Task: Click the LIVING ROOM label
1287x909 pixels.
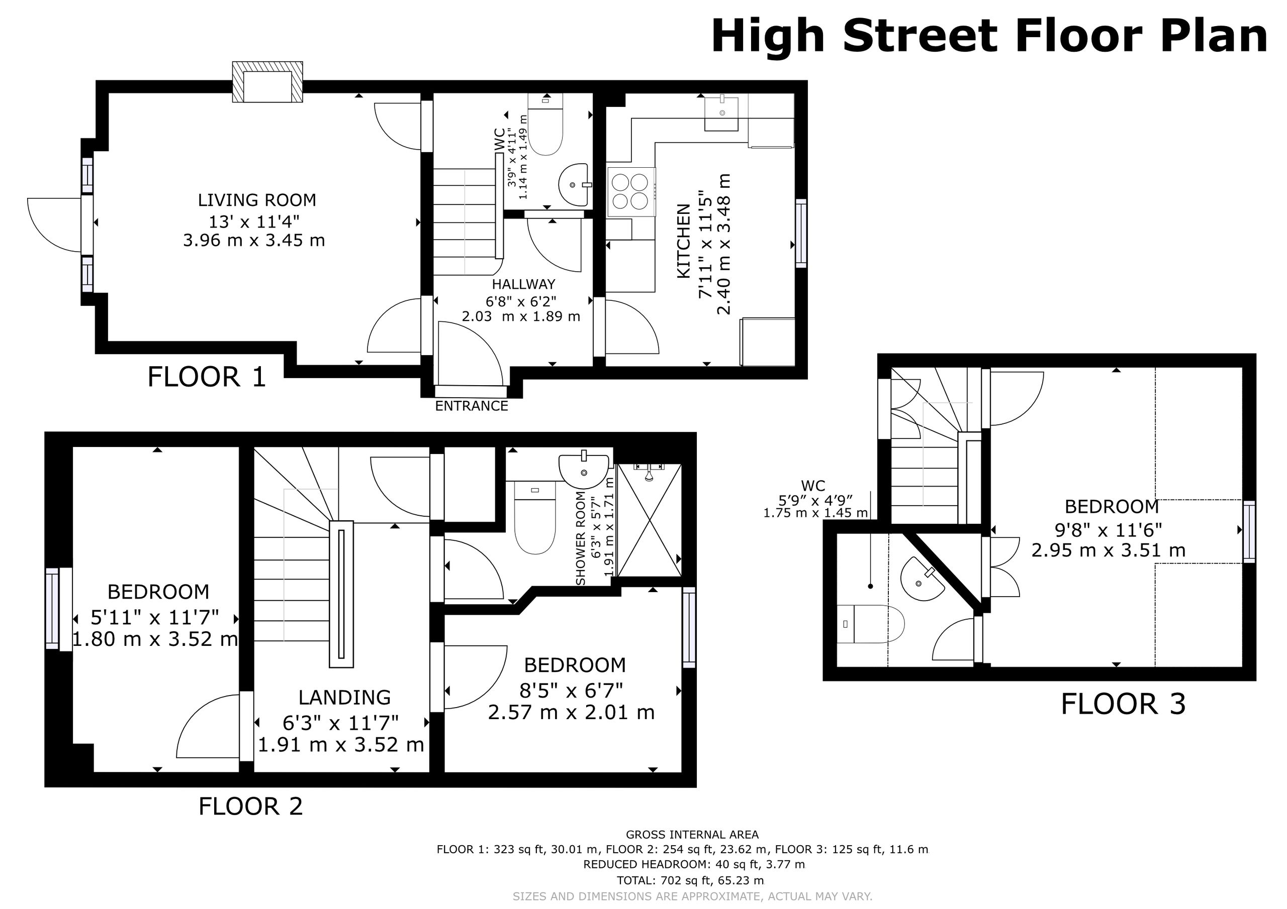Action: point(257,200)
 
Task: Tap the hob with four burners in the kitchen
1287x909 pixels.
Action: point(631,191)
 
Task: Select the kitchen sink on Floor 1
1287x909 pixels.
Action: point(721,113)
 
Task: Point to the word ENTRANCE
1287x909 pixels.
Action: point(472,406)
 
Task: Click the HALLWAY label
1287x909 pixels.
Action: point(523,284)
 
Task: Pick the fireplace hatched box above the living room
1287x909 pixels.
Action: point(268,82)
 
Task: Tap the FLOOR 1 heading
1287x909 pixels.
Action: point(206,377)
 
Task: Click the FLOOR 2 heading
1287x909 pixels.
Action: point(250,807)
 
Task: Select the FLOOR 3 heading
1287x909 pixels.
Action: point(1123,704)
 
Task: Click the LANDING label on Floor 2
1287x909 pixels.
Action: point(344,697)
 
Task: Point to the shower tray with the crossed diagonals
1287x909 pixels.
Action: point(649,520)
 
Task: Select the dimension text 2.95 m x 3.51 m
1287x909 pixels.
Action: point(1108,550)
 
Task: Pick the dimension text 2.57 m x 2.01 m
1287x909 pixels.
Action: point(571,713)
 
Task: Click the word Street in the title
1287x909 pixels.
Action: point(921,36)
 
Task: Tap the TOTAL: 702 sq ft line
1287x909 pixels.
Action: point(690,880)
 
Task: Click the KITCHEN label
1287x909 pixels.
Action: point(683,241)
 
